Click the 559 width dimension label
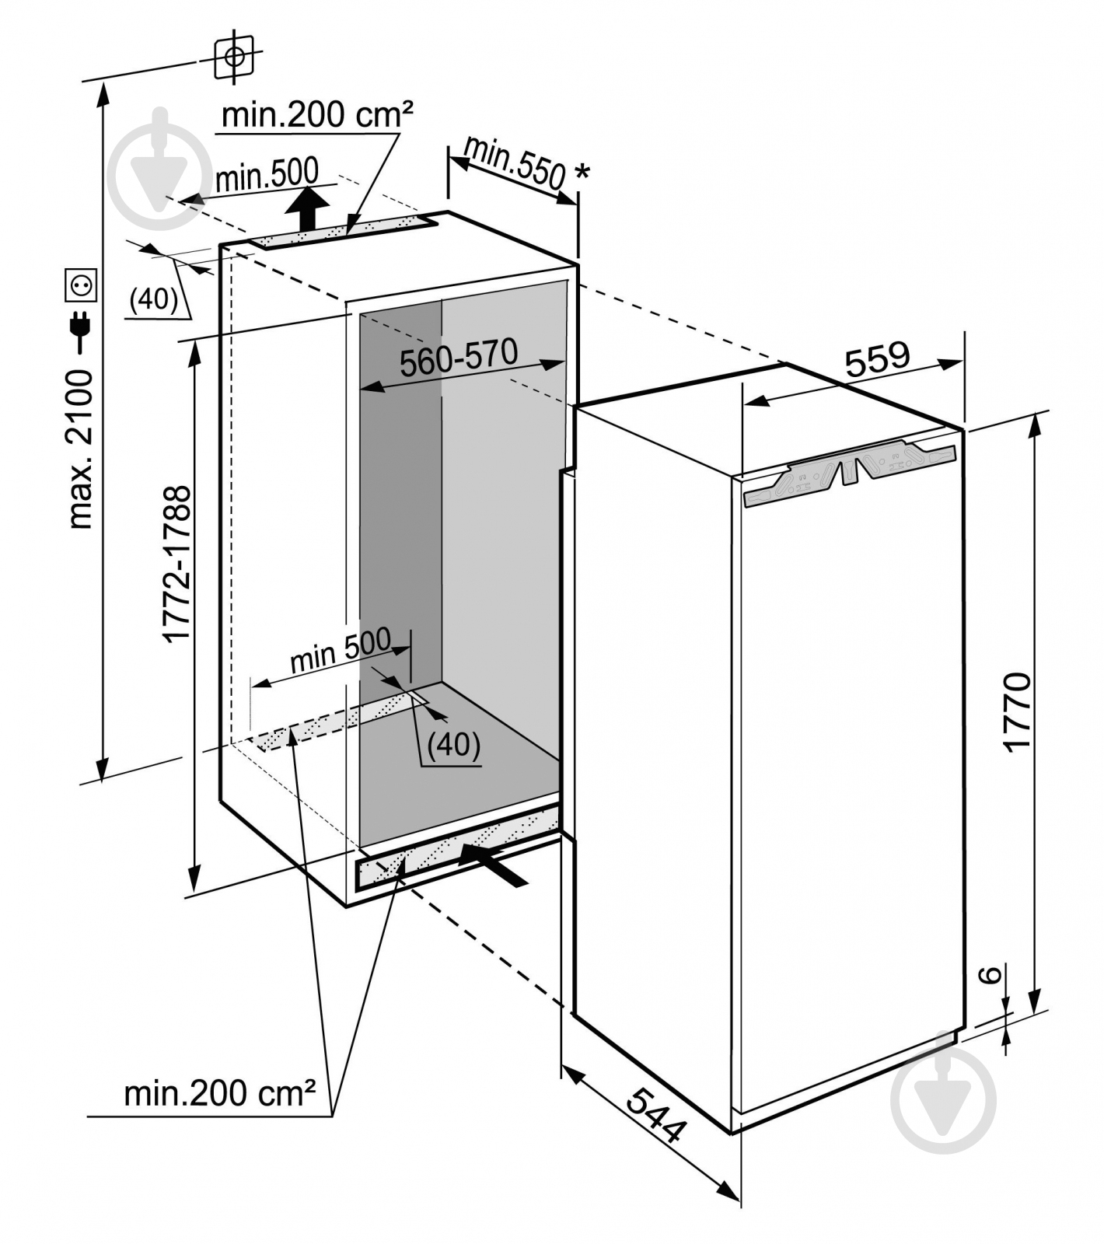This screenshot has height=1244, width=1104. tap(876, 359)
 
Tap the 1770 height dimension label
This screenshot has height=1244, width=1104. tap(1017, 711)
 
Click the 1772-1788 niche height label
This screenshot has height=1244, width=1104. tap(177, 563)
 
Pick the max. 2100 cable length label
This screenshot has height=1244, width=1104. tap(80, 449)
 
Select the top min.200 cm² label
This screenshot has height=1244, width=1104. tap(317, 115)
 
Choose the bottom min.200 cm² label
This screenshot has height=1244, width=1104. tap(220, 1095)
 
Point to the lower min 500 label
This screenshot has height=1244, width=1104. tap(341, 651)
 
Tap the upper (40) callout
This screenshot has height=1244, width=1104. tap(153, 299)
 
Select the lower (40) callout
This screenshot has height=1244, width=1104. tap(454, 745)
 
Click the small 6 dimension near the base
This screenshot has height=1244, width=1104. tap(987, 974)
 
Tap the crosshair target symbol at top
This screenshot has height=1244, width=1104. tap(234, 56)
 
